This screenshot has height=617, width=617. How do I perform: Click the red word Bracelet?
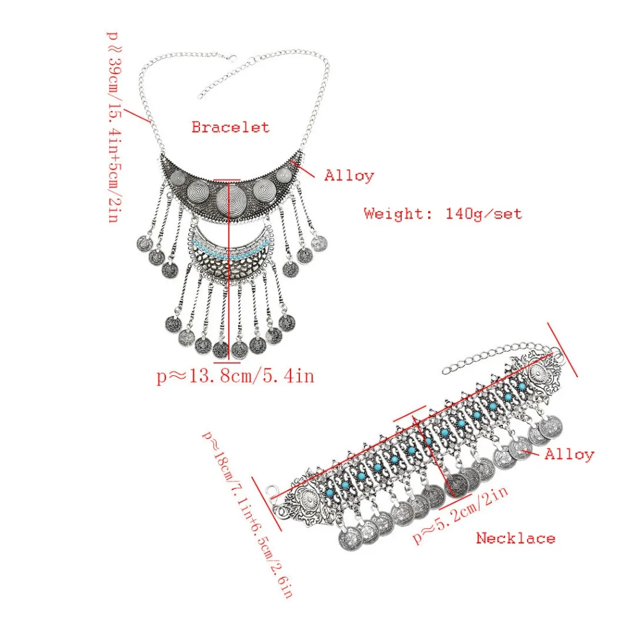pyautogui.click(x=230, y=127)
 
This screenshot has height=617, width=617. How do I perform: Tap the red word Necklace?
pyautogui.click(x=515, y=538)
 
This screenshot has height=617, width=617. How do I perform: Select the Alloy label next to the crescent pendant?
pyautogui.click(x=349, y=175)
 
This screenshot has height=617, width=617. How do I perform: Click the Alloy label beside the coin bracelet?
pyautogui.click(x=569, y=455)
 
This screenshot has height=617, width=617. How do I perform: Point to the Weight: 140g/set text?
pyautogui.click(x=442, y=213)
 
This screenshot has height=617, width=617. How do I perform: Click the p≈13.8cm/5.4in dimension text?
pyautogui.click(x=235, y=376)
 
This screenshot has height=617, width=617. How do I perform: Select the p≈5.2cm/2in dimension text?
pyautogui.click(x=460, y=515)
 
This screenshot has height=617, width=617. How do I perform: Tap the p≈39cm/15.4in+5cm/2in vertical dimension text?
pyautogui.click(x=114, y=126)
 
